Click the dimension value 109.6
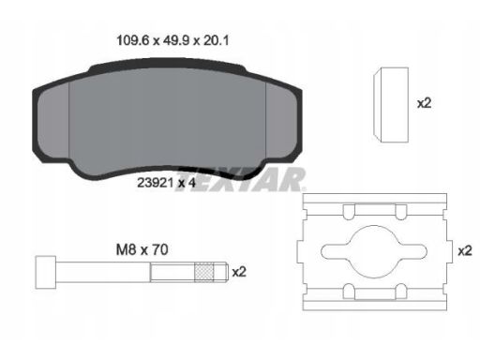click(134, 40)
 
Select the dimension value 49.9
click(176, 40)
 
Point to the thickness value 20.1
click(216, 40)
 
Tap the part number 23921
click(156, 183)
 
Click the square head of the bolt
click(46, 272)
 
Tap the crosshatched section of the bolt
click(204, 272)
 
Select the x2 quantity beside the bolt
click(239, 272)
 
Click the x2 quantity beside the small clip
click(424, 103)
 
